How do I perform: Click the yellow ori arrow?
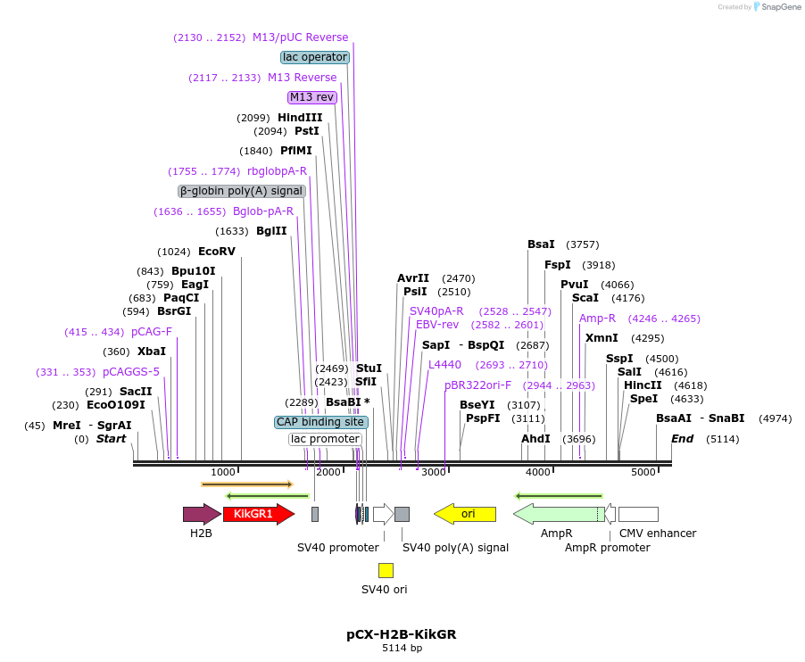465,514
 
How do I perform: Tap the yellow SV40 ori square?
386,570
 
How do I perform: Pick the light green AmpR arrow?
558,514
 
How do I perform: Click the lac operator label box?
315,57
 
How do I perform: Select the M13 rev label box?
311,97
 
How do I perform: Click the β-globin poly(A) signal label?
242,191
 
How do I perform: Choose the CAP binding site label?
320,422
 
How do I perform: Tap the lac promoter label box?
326,439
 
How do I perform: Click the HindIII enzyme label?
300,118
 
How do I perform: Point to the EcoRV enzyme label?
217,252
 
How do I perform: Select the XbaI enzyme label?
152,352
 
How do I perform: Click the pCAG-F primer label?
152,332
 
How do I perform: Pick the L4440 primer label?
444,365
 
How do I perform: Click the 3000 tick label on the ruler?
434,472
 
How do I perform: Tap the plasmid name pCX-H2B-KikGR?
402,634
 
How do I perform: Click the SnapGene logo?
777,7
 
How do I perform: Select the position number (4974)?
775,418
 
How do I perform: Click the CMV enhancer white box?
638,514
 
